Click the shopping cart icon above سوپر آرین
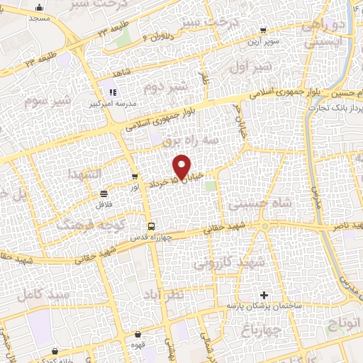[263, 30]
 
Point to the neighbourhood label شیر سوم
[29, 101]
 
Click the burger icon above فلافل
[104, 193]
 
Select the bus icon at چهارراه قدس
[147, 226]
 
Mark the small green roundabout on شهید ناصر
[265, 227]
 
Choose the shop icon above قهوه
[138, 335]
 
